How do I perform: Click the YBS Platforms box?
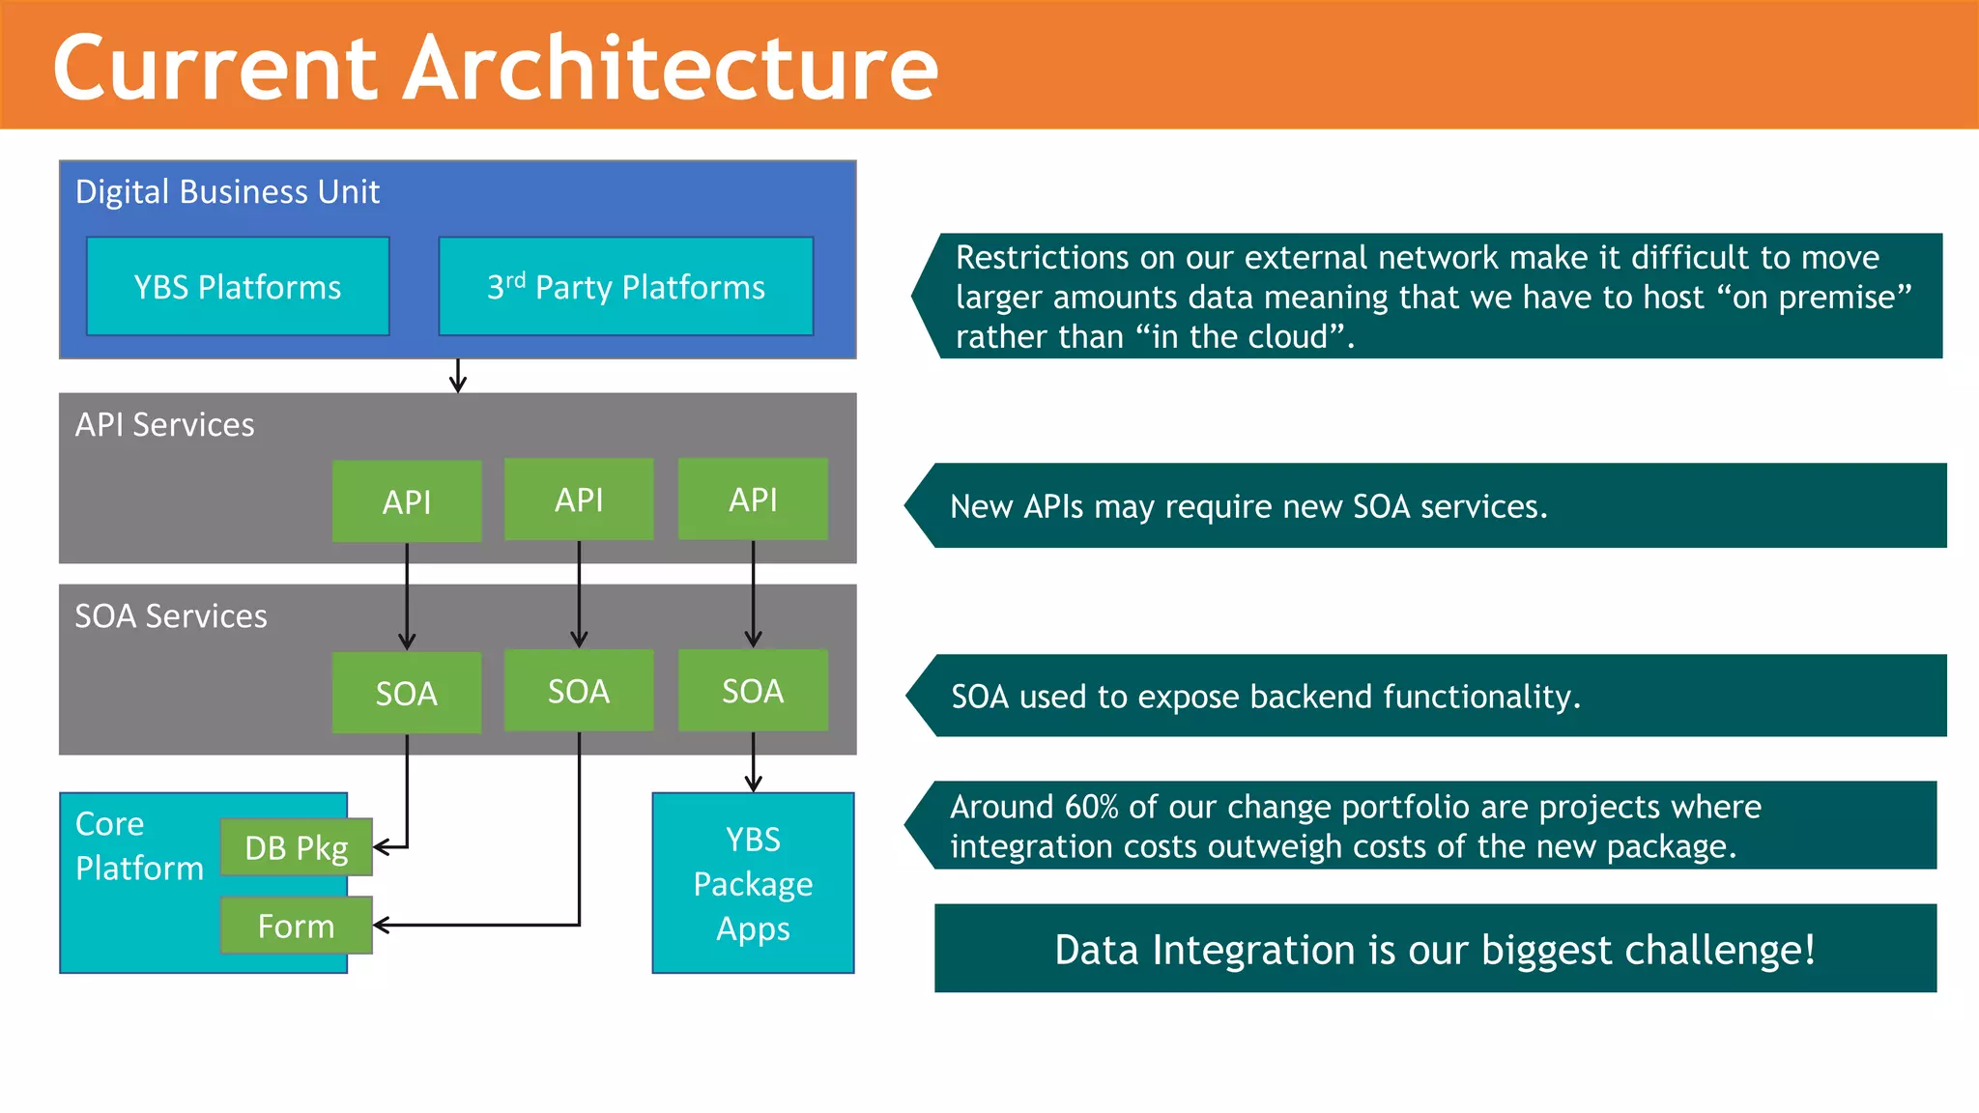(238, 287)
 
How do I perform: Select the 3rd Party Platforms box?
(625, 287)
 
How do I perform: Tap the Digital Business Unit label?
(227, 191)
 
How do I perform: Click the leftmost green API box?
(406, 501)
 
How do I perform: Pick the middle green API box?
(579, 499)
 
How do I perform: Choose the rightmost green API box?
(753, 499)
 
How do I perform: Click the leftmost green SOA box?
(406, 693)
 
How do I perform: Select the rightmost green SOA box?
(753, 691)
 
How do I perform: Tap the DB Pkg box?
(296, 847)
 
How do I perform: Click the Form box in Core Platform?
(296, 926)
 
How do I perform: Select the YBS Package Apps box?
(753, 883)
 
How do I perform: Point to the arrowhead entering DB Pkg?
(380, 847)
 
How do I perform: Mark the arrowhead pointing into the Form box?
(380, 926)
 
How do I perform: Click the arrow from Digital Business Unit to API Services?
(458, 376)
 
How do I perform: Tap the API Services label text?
(165, 424)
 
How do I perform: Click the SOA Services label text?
(171, 615)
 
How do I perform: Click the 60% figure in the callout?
(1091, 807)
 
